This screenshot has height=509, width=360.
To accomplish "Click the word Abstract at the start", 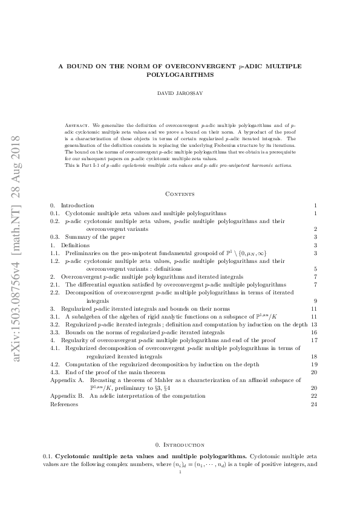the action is [x=77, y=125].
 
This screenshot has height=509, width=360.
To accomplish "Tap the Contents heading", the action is [x=180, y=194].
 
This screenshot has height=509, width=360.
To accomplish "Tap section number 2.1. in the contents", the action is [x=56, y=284].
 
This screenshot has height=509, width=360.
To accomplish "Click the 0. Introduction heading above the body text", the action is [x=180, y=444].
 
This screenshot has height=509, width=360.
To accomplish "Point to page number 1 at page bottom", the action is [x=180, y=473].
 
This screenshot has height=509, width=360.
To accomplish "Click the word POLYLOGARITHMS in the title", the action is [x=180, y=74].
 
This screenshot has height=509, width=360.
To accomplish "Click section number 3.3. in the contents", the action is [x=56, y=332].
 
